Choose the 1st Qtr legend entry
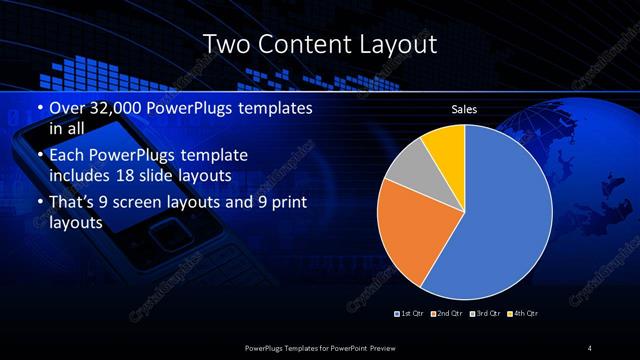click(x=411, y=314)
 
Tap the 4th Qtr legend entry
click(x=527, y=314)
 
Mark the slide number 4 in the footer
click(x=590, y=347)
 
